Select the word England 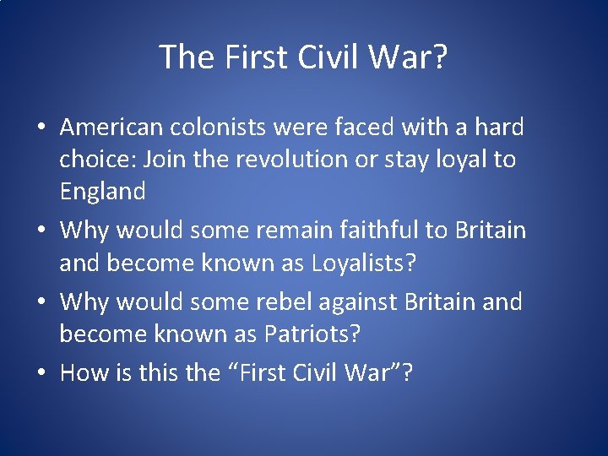(102, 192)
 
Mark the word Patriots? (312, 334)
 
